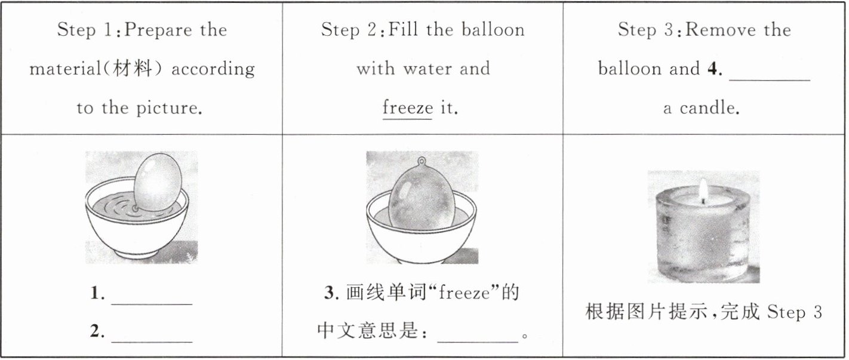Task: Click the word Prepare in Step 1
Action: pos(158,30)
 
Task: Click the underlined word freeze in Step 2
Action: pos(407,107)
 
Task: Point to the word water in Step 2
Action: pos(427,69)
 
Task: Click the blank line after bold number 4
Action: pos(770,80)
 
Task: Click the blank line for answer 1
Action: pos(152,304)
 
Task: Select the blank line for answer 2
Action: pos(152,342)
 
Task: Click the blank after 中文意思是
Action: pos(478,342)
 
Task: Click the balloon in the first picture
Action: pos(158,182)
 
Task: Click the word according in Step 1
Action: pos(213,69)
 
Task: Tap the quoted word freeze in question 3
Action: pos(465,293)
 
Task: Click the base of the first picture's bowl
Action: pos(137,257)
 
